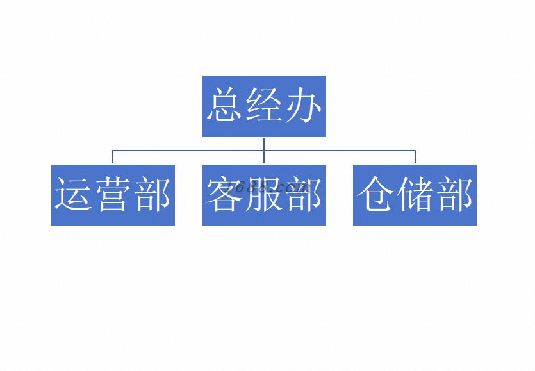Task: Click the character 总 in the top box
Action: [225, 104]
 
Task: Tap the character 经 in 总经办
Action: [265, 104]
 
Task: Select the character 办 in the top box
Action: [303, 104]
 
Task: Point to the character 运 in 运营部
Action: [74, 194]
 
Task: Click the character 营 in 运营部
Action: [113, 194]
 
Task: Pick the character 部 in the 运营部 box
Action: [152, 194]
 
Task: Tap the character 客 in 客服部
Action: [225, 194]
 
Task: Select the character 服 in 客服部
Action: [265, 194]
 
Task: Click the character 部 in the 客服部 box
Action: [304, 194]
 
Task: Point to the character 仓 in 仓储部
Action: [375, 194]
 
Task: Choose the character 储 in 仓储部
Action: [415, 194]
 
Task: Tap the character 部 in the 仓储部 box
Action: [454, 194]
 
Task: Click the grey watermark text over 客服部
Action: [268, 187]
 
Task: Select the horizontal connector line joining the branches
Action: [264, 150]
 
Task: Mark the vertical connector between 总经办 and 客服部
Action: [264, 151]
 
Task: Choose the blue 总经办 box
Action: [264, 106]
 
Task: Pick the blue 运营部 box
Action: [113, 195]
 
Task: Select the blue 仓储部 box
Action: [415, 195]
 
